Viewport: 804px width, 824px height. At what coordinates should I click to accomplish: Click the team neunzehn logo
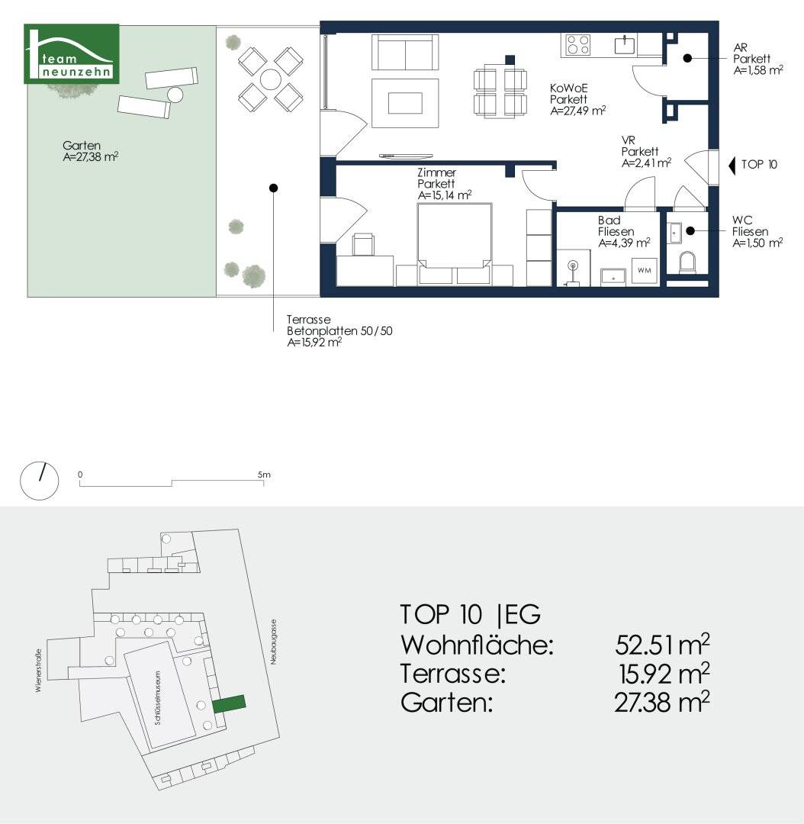tap(72, 53)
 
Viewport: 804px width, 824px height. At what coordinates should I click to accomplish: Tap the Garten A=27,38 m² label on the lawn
tap(90, 151)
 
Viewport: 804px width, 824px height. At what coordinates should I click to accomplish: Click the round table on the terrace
tap(270, 79)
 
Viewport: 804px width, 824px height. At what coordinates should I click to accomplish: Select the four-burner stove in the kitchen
tap(578, 45)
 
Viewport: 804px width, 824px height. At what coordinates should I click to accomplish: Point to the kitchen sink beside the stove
tap(626, 45)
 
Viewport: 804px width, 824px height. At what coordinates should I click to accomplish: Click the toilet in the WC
tap(687, 262)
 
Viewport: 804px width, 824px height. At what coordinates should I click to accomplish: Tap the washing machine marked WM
tap(645, 271)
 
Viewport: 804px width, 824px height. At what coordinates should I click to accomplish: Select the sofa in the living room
tap(405, 52)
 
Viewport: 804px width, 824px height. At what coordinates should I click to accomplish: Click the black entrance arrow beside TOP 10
tap(732, 166)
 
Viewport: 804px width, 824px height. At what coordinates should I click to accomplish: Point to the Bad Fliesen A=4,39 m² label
tap(624, 232)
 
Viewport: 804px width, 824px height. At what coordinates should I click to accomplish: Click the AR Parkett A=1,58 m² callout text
tap(757, 59)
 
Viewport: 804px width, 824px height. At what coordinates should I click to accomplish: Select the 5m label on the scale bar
tap(264, 475)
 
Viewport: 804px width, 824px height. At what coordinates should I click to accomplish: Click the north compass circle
tap(40, 481)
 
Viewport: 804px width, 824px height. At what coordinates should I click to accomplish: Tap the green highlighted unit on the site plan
tap(229, 703)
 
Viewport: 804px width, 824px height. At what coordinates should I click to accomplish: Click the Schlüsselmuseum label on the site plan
tap(158, 697)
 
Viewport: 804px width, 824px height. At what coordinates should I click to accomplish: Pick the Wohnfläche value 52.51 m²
tap(662, 645)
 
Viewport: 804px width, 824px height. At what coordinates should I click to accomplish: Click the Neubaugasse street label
tap(273, 642)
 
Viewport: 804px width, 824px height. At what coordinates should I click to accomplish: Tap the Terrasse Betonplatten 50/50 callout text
tap(339, 331)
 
